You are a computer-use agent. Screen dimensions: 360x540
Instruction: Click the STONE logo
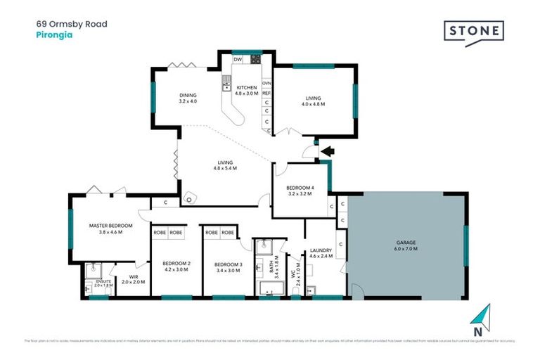pos(473,32)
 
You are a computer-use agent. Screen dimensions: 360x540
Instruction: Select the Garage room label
pos(406,246)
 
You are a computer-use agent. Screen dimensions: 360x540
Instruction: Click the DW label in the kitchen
pos(238,60)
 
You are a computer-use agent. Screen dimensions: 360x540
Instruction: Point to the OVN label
pos(267,83)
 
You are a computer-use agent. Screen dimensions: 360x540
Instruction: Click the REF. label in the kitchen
pos(267,92)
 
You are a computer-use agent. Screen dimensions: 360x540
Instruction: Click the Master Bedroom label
pos(106,229)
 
